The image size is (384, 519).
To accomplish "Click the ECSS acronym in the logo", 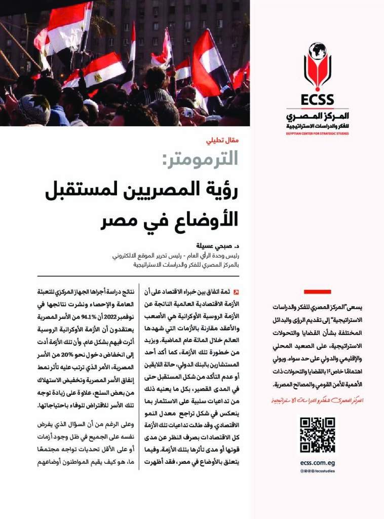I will point(317,99).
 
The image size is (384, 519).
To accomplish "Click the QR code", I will point(317,435).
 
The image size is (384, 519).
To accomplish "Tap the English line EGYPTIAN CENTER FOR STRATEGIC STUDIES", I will point(317,134).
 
